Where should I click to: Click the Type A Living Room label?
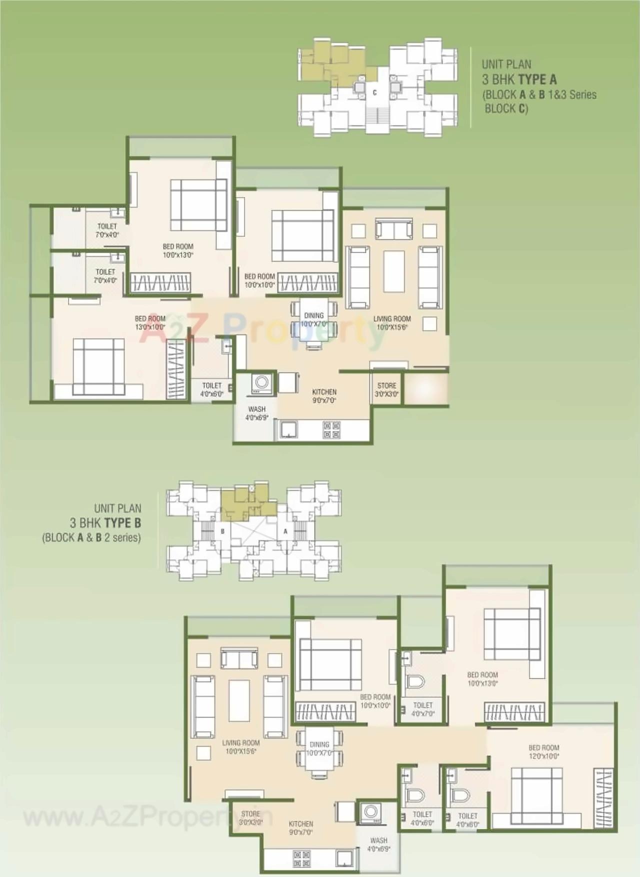[392, 322]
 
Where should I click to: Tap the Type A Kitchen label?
[324, 396]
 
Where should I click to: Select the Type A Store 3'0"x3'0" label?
[386, 389]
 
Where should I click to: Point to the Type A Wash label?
[257, 413]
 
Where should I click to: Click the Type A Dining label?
[314, 319]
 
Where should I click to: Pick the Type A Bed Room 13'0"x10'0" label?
[150, 322]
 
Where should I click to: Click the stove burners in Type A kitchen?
[331, 430]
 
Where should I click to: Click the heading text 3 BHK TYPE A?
[519, 79]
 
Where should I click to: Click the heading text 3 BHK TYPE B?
[105, 523]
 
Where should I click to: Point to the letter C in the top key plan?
[374, 92]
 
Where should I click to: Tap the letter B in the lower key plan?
[222, 531]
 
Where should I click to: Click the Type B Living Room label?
[240, 747]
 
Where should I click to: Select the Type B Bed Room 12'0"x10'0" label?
[543, 752]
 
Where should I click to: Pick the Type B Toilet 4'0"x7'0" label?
[423, 709]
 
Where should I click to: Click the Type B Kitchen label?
[301, 828]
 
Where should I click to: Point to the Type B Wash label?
[378, 844]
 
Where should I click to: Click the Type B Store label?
[250, 818]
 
